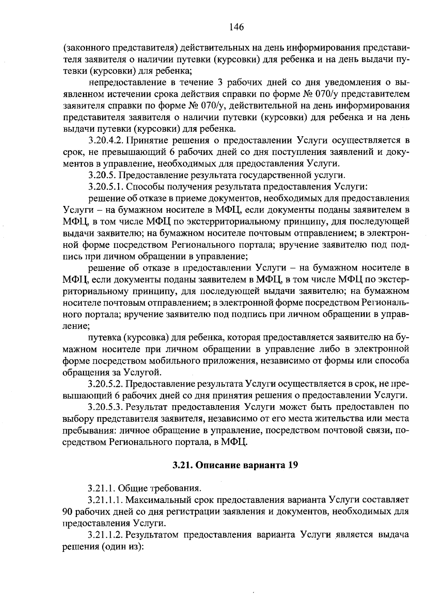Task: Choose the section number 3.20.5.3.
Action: point(106,407)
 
